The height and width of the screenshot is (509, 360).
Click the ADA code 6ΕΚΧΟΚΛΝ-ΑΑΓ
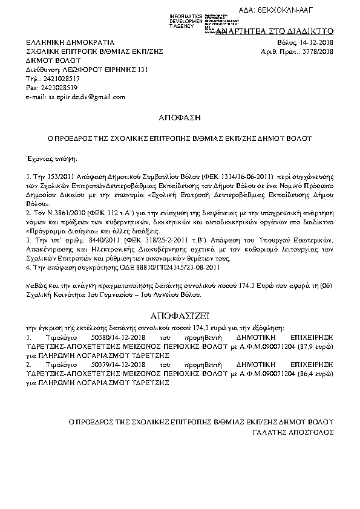(308, 11)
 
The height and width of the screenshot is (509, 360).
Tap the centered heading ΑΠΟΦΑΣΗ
(180, 116)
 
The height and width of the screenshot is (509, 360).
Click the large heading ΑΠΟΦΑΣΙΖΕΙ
(180, 316)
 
